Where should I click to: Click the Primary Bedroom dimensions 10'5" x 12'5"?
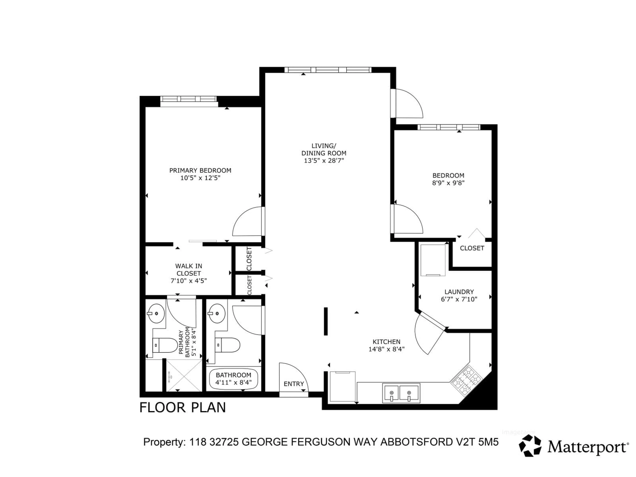[x=200, y=178]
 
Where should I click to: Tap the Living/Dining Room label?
[x=324, y=150]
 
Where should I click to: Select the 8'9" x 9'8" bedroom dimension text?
[x=448, y=183]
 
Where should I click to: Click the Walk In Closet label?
[x=189, y=270]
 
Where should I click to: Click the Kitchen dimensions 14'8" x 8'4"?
[x=386, y=349]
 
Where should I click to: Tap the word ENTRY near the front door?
[x=293, y=384]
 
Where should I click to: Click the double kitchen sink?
[x=401, y=393]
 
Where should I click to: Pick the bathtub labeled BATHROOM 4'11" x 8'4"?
[x=234, y=379]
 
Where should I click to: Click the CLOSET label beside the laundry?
[x=472, y=248]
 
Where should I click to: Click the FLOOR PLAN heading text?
[x=183, y=408]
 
